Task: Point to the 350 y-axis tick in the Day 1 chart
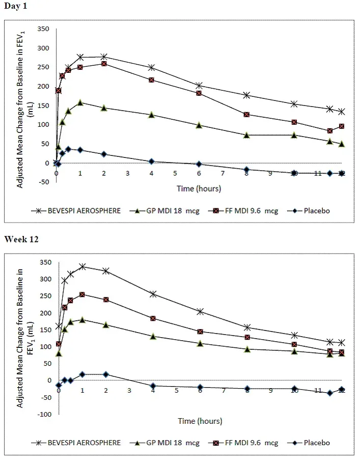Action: [x=43, y=29]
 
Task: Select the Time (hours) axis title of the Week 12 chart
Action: [x=200, y=421]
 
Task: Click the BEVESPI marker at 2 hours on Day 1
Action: [x=104, y=57]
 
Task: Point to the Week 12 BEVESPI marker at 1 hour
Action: [x=82, y=266]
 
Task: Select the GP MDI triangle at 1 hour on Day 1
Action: [x=80, y=102]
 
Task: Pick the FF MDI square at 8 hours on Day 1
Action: [x=246, y=115]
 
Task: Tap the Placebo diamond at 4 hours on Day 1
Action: [x=151, y=161]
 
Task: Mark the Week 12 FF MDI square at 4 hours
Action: [x=153, y=318]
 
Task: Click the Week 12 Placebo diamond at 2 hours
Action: [x=106, y=374]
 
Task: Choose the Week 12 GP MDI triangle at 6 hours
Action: [x=200, y=343]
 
